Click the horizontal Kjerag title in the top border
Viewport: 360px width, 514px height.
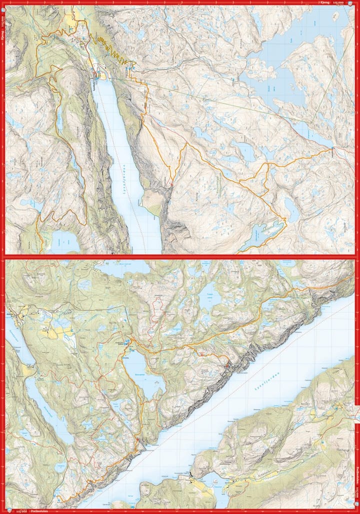325,2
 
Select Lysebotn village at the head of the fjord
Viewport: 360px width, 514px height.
97,75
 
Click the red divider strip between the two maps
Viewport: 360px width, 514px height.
180,256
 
